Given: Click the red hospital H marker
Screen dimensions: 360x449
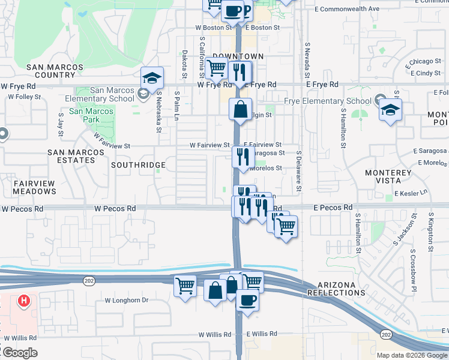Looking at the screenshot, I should pos(23,301).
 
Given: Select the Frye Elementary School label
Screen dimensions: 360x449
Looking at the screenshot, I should pos(328,101).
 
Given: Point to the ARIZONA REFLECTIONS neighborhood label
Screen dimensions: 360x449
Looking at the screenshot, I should pos(336,288).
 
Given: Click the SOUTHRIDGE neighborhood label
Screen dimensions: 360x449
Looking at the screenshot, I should pos(138,164).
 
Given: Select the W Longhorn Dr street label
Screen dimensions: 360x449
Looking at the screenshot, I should pos(126,300).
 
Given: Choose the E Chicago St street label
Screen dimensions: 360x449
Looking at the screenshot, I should pos(423,61).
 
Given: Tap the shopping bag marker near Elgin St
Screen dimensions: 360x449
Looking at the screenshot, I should pos(240,110).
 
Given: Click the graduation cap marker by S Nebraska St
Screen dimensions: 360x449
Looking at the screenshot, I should pos(152,78).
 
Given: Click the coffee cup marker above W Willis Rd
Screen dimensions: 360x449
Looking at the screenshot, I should pos(247,300).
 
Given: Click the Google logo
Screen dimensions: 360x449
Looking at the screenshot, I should pos(19,353).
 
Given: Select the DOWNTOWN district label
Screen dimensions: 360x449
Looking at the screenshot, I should pos(238,56).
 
